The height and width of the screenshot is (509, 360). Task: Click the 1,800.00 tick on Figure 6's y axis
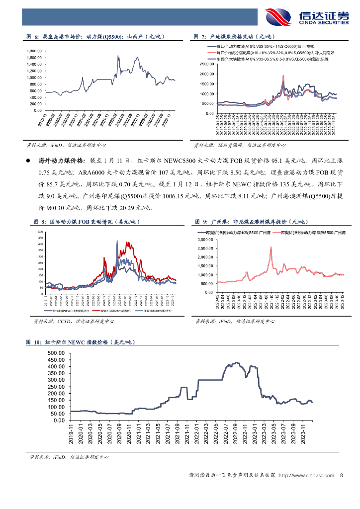coord(33,51)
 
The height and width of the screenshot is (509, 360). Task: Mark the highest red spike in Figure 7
coord(283,76)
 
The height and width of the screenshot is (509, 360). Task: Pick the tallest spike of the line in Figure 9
coord(271,247)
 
